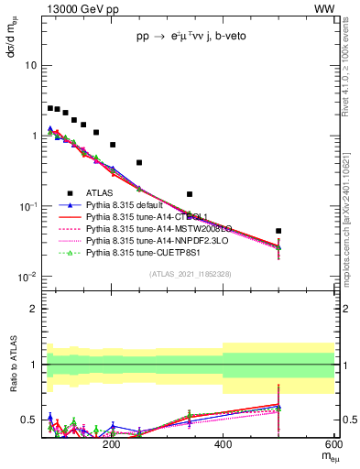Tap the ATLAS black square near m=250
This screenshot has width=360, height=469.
(x=139, y=162)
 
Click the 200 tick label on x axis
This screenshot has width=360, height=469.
(x=112, y=444)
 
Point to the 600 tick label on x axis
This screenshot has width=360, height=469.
(x=333, y=444)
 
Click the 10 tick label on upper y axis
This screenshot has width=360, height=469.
(x=30, y=66)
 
